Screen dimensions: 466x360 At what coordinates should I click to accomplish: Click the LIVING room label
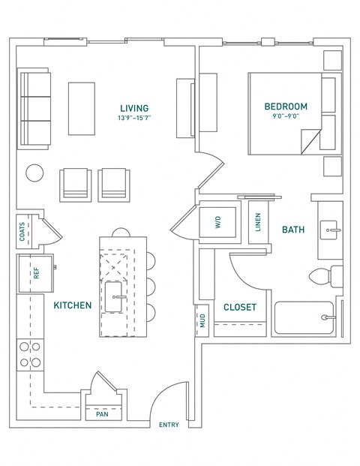tap(133, 108)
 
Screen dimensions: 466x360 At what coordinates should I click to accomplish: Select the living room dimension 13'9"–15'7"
tap(133, 119)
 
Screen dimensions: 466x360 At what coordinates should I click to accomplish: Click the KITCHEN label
tap(73, 305)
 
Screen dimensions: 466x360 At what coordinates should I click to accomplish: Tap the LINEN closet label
tap(257, 222)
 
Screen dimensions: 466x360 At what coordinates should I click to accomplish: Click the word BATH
tap(292, 230)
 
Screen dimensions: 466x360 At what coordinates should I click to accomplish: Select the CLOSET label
tap(240, 308)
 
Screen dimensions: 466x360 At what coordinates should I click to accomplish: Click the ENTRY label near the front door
tap(169, 425)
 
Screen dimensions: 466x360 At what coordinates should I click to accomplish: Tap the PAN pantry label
tap(101, 413)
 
